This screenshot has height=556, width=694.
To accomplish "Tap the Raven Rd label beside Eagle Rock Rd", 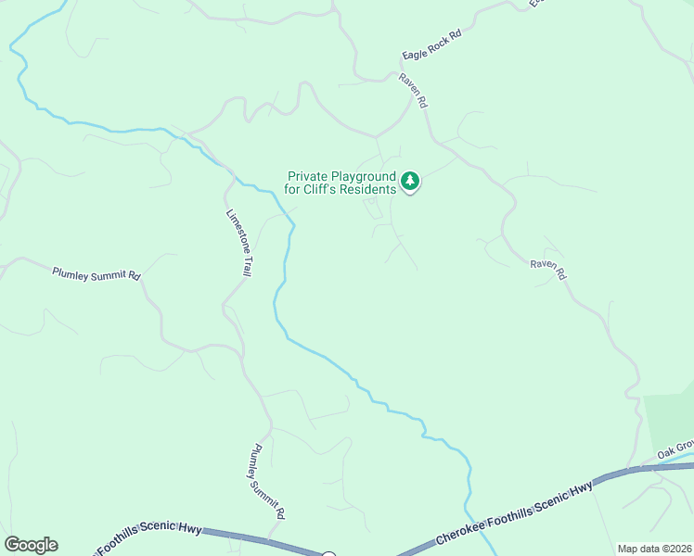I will pos(413,90).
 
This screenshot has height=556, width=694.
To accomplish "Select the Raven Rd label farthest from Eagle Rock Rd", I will pos(547,269).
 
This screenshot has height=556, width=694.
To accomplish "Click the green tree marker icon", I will pos(410,181).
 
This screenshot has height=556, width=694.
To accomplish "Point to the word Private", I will pos(307,176).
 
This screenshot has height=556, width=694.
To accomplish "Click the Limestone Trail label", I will pos(239,243).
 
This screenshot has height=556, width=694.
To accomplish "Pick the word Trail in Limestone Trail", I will pos(248,262).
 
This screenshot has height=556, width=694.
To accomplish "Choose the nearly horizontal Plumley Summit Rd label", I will pos(96,274).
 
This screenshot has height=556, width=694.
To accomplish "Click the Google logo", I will pos(31,545).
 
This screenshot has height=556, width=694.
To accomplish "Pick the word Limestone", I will pos(235,231).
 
